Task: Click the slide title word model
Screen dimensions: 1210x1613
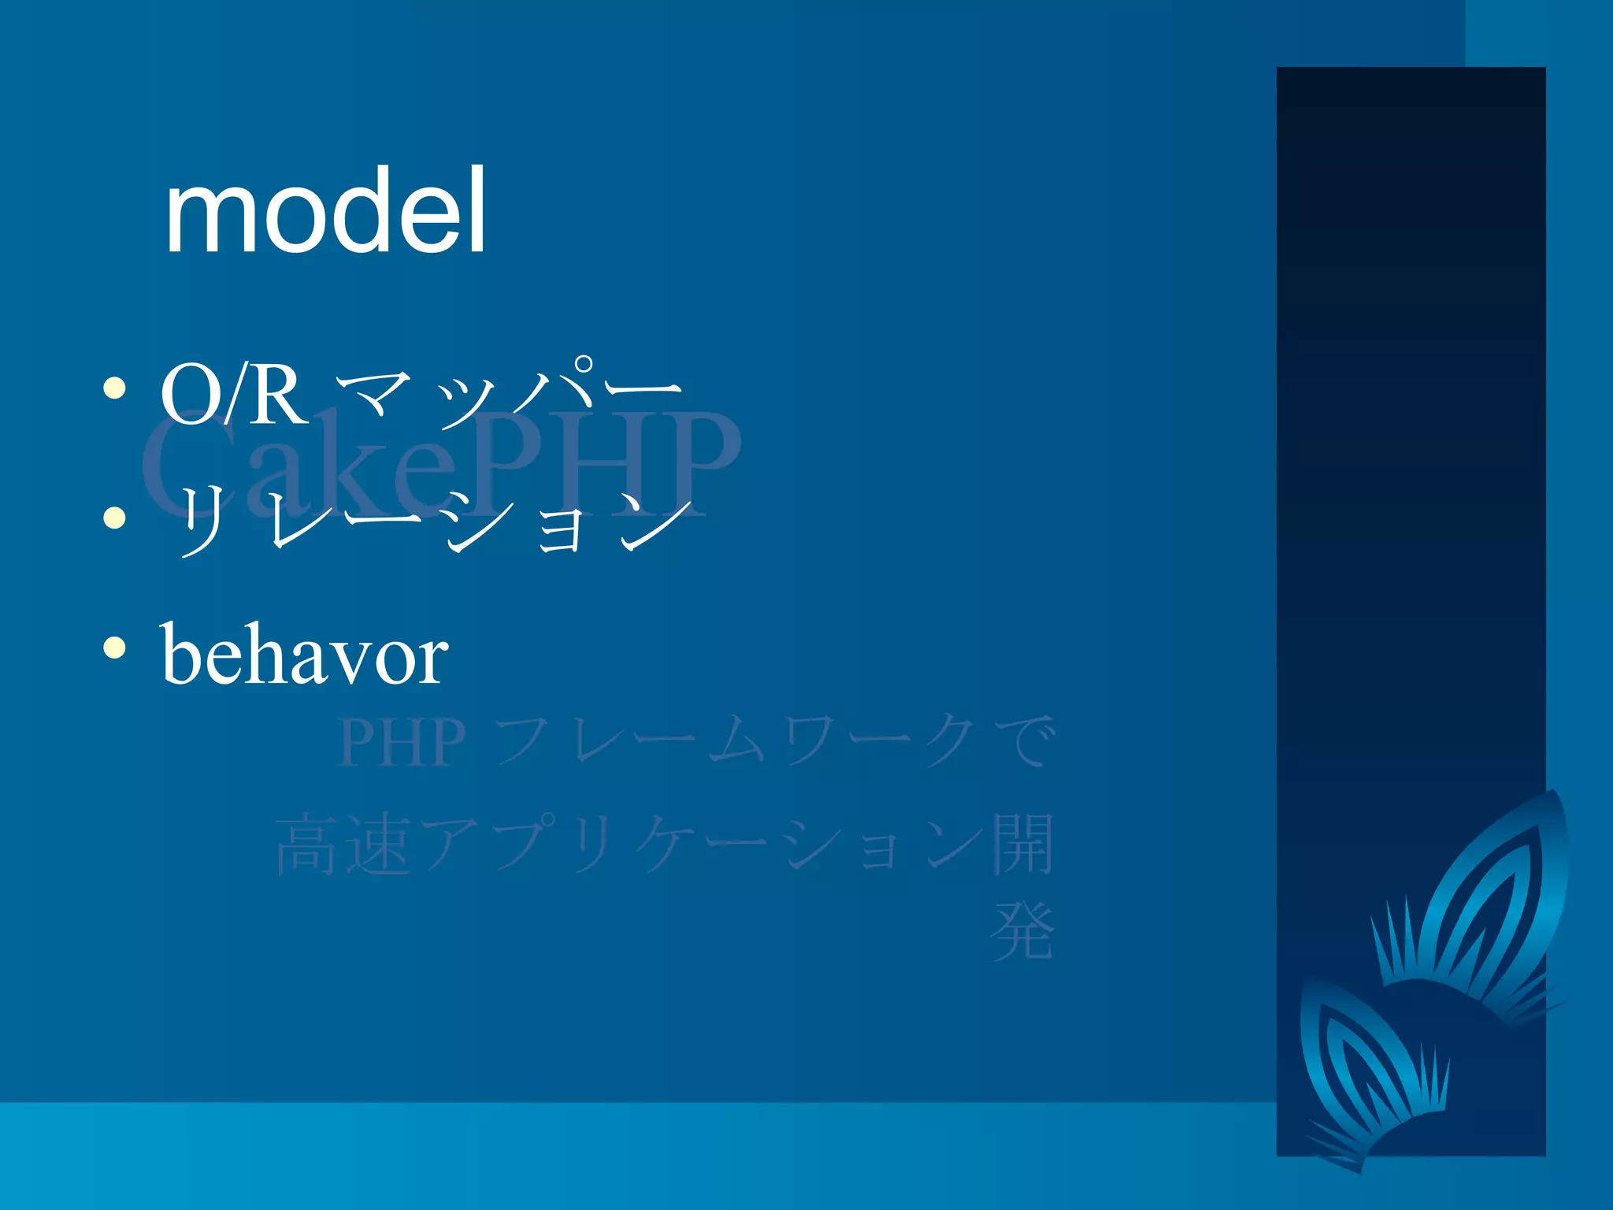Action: [324, 211]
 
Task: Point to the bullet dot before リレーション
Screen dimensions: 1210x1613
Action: [115, 518]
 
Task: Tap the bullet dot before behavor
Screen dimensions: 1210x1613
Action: [115, 648]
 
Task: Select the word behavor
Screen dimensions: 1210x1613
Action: [306, 654]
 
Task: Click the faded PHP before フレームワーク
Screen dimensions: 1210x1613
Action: [402, 742]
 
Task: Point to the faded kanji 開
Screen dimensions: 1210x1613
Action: [1022, 844]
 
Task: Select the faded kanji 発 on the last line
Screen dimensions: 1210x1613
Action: [1022, 931]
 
